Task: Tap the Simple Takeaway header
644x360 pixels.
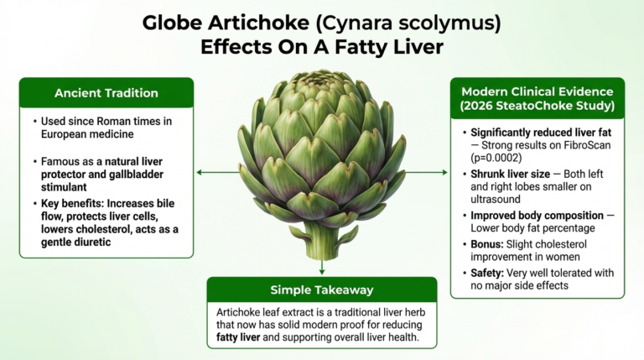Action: [321, 290]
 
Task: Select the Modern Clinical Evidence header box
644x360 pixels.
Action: [537, 98]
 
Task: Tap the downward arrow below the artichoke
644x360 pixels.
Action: [322, 269]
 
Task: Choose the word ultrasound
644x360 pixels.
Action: [499, 200]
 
